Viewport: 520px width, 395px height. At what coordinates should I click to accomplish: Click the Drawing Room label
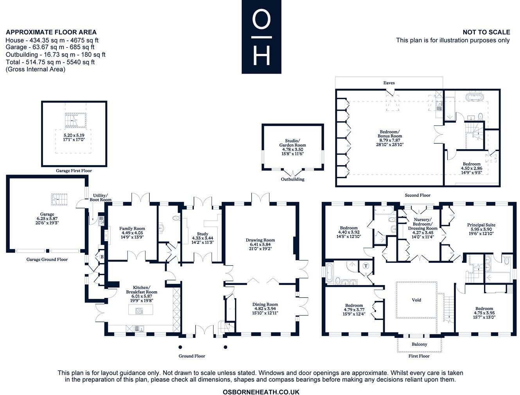tap(260, 240)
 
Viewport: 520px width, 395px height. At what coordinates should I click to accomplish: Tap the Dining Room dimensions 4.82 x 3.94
tap(265, 308)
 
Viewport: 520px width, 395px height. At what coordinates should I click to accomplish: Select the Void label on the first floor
tap(416, 300)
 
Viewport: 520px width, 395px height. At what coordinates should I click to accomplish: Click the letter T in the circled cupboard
tap(366, 266)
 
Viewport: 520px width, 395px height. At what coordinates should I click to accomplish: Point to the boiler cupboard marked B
tap(102, 257)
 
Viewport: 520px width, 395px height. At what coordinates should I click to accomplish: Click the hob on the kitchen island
tap(139, 310)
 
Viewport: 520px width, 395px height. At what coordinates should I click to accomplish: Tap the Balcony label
tap(419, 344)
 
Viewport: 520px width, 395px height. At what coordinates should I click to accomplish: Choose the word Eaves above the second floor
tap(389, 83)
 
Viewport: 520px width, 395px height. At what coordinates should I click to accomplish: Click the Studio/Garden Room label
tap(292, 143)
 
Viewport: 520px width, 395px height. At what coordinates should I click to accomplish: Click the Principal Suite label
tap(481, 225)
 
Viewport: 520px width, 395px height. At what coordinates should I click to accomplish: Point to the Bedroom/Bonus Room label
tap(389, 134)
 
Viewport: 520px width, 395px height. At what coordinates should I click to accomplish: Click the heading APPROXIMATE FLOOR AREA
tap(51, 32)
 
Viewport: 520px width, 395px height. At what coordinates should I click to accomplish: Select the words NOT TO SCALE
tap(486, 32)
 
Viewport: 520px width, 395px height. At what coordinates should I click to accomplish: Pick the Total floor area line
tap(50, 62)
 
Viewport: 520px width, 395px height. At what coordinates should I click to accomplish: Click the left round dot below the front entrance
tap(180, 347)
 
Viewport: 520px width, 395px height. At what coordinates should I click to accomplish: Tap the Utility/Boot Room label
tap(100, 197)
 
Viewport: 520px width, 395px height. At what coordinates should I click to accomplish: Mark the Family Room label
tap(132, 229)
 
